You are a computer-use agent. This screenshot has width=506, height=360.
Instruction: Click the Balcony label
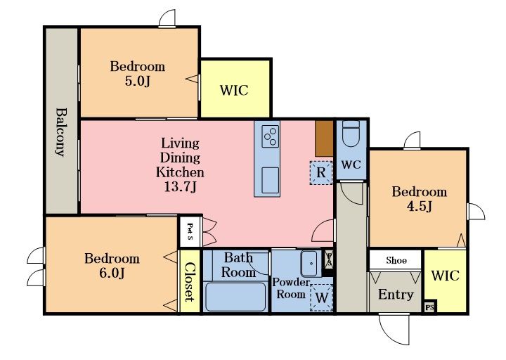(61, 132)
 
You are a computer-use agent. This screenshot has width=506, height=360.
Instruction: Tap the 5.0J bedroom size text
(138, 81)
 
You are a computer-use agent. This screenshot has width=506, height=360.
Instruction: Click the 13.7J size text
(180, 186)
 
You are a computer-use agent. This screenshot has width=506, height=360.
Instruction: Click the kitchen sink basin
(270, 181)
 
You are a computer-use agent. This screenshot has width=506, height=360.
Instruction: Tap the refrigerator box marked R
(320, 173)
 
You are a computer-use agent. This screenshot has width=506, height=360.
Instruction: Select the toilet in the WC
(351, 134)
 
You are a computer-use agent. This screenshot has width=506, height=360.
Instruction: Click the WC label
(351, 165)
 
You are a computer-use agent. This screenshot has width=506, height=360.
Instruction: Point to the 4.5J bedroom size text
(419, 206)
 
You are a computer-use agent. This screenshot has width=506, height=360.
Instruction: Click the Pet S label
(190, 232)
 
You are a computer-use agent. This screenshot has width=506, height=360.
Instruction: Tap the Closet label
(190, 282)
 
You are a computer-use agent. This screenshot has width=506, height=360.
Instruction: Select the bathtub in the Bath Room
(235, 297)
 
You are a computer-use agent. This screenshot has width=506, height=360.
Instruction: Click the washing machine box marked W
(321, 297)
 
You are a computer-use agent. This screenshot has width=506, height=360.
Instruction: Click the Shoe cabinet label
(396, 260)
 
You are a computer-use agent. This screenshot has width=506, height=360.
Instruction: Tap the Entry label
(396, 295)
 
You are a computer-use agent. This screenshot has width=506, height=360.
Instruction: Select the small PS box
(429, 307)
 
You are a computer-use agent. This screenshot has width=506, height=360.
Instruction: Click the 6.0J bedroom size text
(112, 273)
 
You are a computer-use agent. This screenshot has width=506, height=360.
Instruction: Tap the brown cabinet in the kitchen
(324, 139)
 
